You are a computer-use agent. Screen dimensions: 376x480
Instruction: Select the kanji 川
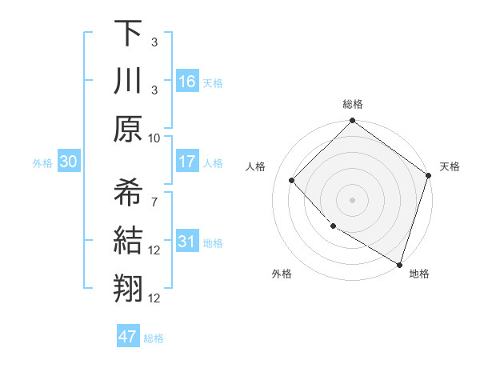coord(128,81)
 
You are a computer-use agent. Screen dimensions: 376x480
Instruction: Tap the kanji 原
coord(128,128)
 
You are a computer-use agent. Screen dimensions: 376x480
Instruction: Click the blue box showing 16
coord(187,81)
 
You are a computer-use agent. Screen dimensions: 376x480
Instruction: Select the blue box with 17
coord(187,162)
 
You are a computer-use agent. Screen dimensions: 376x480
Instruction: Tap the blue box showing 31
coord(187,242)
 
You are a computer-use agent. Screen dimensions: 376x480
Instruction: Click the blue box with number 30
coord(68,162)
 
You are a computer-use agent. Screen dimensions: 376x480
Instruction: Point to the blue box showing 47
coord(128,337)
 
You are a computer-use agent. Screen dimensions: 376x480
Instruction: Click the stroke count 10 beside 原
coord(154,138)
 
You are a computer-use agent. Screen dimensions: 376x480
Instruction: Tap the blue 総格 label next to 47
coord(154,338)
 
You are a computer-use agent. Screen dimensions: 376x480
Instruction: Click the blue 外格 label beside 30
coord(42,163)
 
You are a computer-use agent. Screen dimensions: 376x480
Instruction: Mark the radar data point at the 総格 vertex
coord(352,122)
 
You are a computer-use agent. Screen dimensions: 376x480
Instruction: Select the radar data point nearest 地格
coord(398,263)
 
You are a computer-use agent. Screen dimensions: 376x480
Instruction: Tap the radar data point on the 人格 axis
coord(292,180)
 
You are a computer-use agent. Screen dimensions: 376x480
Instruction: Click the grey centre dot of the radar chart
coord(352,199)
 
